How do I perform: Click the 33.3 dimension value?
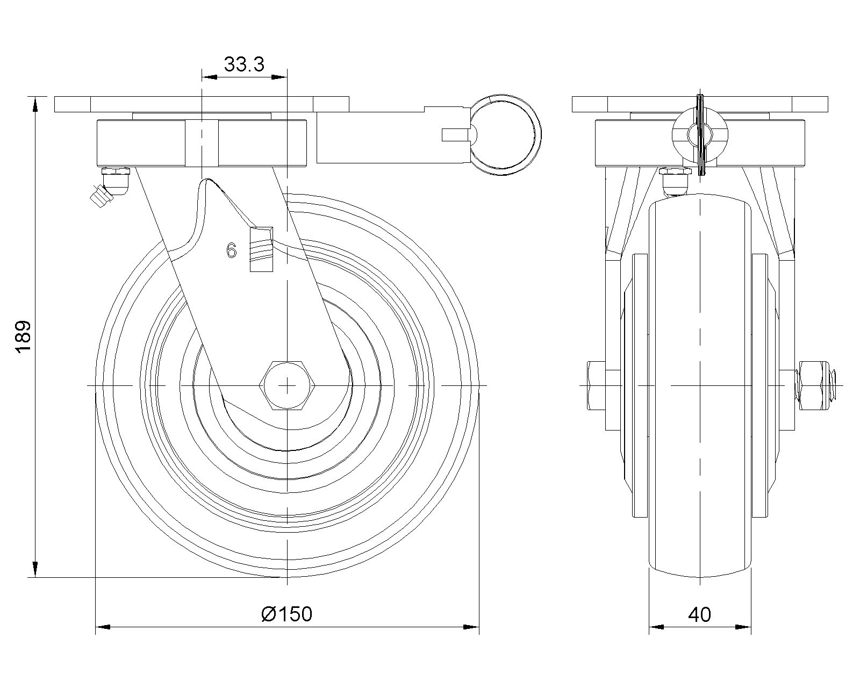[x=244, y=64]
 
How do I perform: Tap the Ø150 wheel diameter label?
[x=286, y=613]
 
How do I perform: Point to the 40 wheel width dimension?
[x=699, y=614]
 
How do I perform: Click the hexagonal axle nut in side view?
[x=288, y=385]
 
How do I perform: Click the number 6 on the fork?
[x=232, y=250]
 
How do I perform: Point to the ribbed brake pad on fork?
[x=261, y=249]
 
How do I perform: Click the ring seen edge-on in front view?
[x=700, y=135]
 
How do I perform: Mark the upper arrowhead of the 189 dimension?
[x=35, y=104]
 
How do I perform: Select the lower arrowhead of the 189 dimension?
[x=35, y=570]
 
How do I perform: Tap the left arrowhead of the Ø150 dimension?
[x=103, y=627]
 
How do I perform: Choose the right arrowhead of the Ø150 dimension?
[x=471, y=627]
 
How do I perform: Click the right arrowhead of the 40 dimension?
[x=744, y=627]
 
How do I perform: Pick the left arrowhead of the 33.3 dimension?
[x=209, y=78]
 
